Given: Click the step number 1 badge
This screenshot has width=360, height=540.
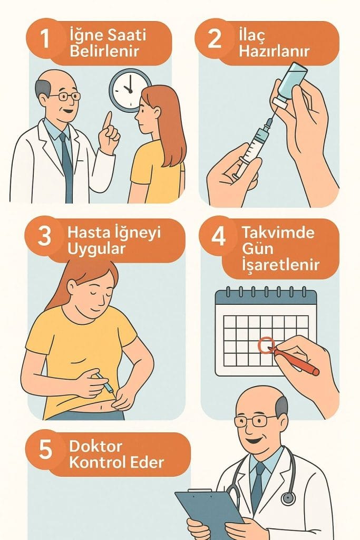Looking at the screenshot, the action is tap(45, 38).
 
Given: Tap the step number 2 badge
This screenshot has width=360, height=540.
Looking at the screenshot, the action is tap(214, 38).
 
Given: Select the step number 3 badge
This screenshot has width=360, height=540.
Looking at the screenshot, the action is tap(44, 236).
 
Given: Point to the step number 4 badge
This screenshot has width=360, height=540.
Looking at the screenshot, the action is tap(218, 236).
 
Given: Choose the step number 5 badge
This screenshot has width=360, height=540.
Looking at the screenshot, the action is tap(45, 449).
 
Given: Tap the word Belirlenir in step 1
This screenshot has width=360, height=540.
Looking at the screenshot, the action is tap(104, 51).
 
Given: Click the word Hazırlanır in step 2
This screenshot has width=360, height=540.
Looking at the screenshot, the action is tap(274, 51).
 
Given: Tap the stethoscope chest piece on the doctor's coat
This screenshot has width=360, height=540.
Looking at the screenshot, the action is tap(288, 498).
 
